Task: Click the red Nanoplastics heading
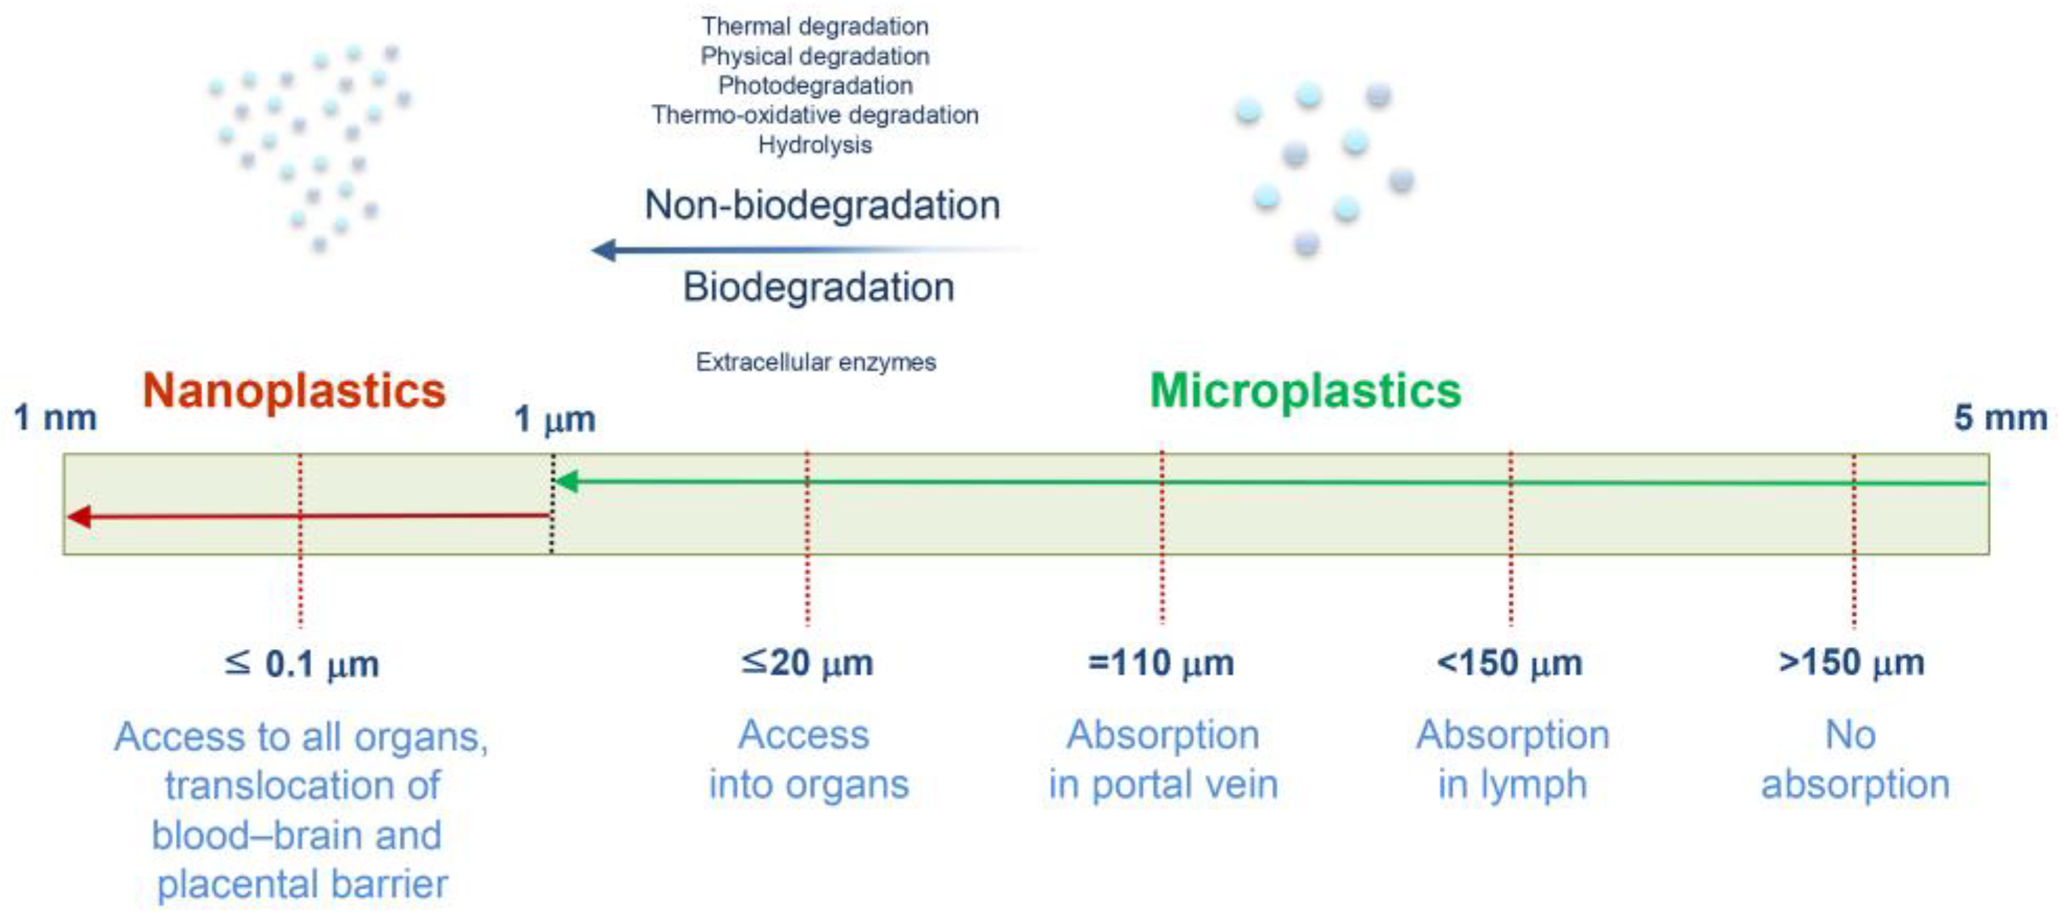(293, 391)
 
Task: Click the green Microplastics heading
(1306, 391)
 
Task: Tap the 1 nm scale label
(55, 418)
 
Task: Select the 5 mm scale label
(2000, 418)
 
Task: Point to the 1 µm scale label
(554, 419)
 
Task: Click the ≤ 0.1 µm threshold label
(301, 664)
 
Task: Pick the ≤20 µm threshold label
(807, 663)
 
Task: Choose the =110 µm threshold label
(1161, 663)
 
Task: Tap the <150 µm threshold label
(1509, 663)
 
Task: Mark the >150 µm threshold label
(1851, 663)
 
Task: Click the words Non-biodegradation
(823, 205)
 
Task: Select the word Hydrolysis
(815, 144)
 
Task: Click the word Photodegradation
(815, 85)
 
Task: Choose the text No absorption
(1855, 759)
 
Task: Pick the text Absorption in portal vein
(1163, 759)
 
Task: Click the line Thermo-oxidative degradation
(815, 115)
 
